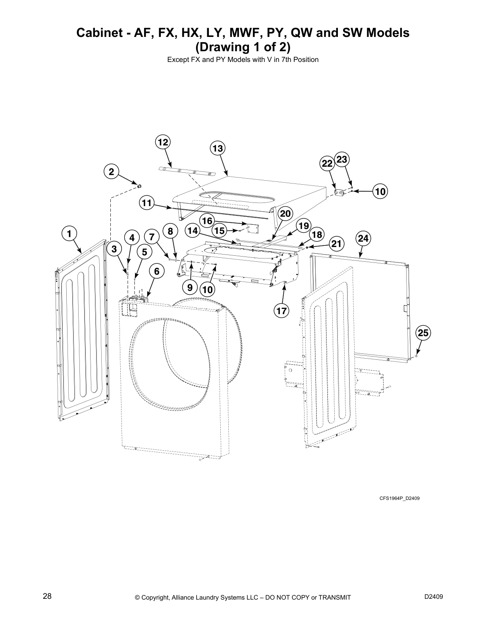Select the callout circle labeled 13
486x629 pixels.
tap(217, 149)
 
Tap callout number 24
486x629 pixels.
tap(363, 238)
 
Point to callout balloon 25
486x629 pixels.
tap(423, 333)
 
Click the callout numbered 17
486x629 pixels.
tap(282, 311)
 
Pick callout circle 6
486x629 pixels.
tap(157, 272)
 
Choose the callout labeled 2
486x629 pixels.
tap(111, 172)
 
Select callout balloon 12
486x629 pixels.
tap(163, 142)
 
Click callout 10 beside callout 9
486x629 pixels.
tap(207, 290)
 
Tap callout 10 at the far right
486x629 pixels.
tap(380, 191)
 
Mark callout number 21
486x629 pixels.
tap(336, 243)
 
